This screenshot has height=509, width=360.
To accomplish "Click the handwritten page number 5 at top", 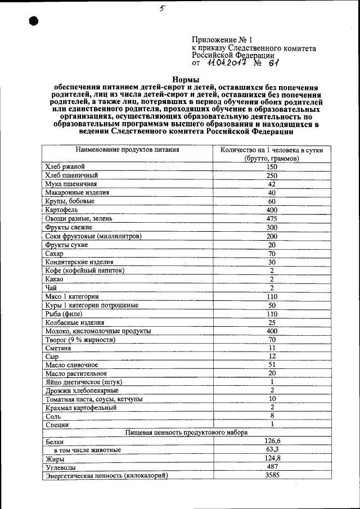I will point(161,8).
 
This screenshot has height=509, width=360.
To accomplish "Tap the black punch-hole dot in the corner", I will point(33,21).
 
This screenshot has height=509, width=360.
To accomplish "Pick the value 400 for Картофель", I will point(272,210).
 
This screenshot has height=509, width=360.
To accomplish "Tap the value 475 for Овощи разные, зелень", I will point(272,218).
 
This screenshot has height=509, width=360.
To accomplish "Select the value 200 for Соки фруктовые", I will point(272,236).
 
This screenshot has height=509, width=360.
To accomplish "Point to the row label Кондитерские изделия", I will point(79,262).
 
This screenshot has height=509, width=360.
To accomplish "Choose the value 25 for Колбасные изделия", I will point(272,322).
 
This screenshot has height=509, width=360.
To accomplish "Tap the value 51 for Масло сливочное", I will point(272,365).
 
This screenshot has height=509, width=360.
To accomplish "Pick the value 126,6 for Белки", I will point(272,442).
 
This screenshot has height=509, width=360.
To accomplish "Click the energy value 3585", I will point(272,475).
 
